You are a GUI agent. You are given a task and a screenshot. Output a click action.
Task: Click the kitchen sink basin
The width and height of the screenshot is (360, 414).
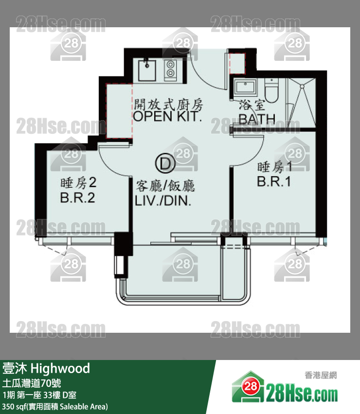click(x=147, y=70)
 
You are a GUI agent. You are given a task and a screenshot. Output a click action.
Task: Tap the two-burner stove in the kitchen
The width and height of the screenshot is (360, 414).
click(x=170, y=70)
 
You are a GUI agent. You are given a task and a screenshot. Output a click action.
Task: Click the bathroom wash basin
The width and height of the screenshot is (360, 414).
click(x=245, y=87)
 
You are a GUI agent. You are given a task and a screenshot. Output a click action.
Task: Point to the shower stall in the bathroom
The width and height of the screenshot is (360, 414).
click(x=301, y=103)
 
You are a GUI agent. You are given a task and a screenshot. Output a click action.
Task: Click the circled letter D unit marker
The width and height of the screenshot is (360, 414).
click(x=165, y=163)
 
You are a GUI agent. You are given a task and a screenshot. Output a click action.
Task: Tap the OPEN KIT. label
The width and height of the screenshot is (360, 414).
click(x=167, y=116)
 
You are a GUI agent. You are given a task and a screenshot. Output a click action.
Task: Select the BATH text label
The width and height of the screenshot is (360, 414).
click(x=257, y=119)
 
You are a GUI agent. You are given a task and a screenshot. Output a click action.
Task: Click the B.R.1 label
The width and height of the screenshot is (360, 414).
click(x=274, y=181)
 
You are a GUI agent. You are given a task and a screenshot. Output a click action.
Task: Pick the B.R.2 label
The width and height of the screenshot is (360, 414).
click(x=77, y=198)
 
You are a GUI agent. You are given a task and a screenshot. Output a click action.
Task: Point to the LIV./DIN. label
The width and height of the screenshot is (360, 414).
click(x=162, y=201)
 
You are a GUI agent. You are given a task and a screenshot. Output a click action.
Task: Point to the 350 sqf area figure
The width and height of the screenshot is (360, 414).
click(x=13, y=406)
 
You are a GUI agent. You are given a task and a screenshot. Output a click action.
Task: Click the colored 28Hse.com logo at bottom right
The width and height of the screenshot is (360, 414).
click(x=285, y=388)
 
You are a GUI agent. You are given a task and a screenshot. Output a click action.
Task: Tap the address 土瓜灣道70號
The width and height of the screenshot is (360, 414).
click(x=32, y=383)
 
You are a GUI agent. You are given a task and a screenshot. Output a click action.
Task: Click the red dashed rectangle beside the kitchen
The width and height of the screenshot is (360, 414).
click(x=119, y=111)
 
